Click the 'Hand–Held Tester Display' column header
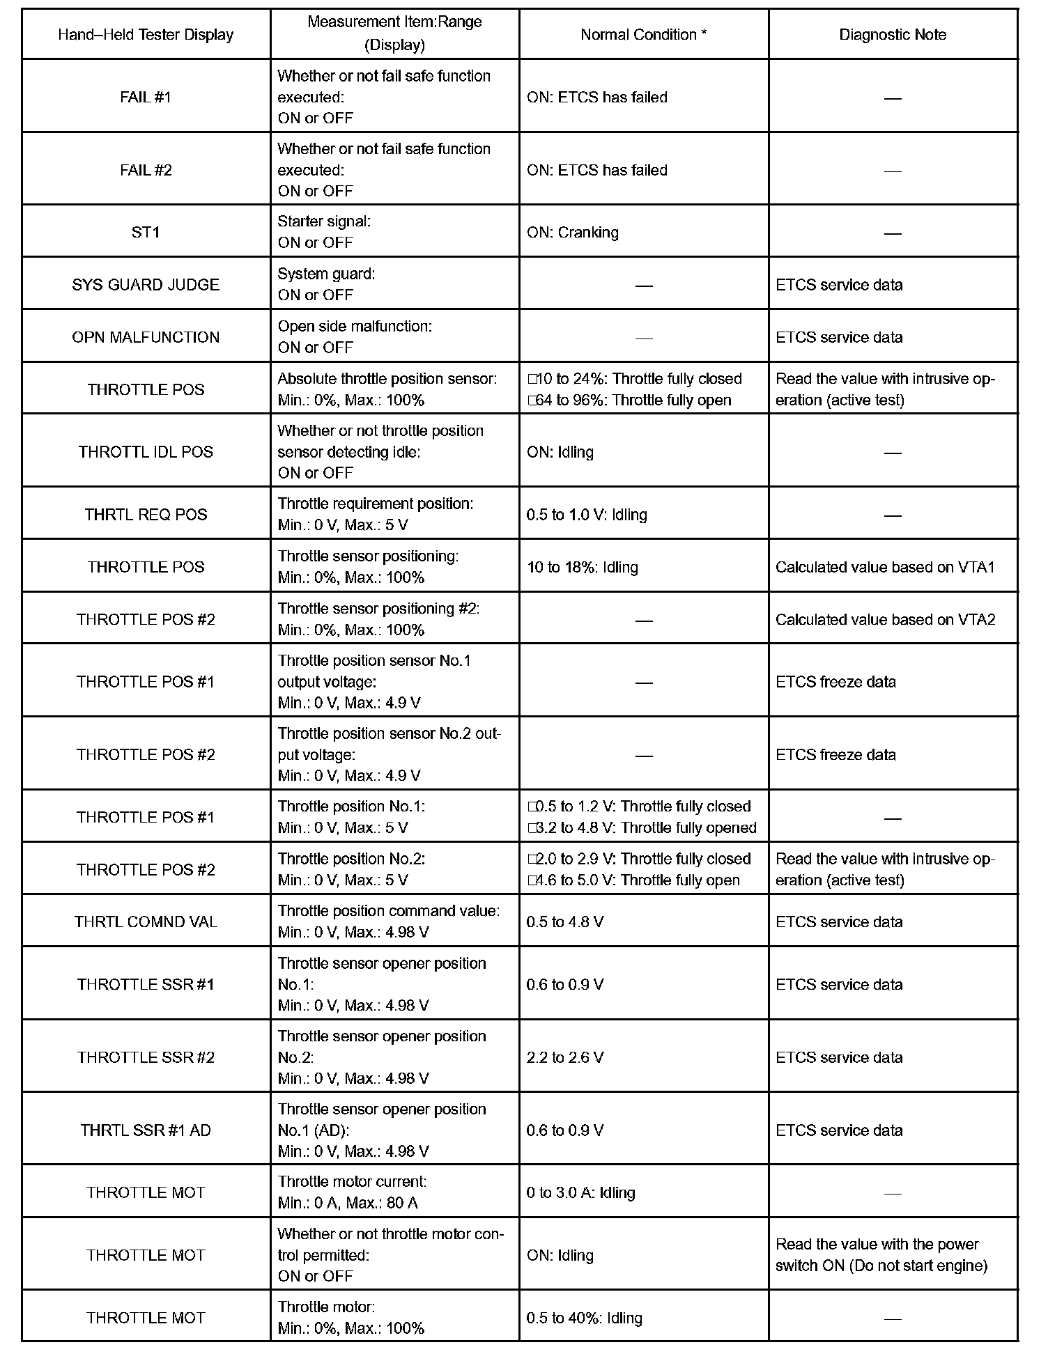coord(146,35)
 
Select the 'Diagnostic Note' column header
coord(893,35)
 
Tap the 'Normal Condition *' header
coord(643,35)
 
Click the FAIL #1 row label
coord(146,97)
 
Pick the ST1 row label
coord(146,232)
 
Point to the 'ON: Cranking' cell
coord(573,232)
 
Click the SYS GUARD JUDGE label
coord(146,284)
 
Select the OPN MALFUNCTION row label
coord(146,337)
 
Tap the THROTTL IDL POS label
coord(146,451)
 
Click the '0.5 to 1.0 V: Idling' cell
coord(587,515)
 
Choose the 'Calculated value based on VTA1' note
coord(885,567)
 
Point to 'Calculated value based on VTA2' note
coord(885,619)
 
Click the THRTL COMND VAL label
coord(146,921)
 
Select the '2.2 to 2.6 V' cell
coord(565,1057)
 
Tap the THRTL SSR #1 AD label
coord(146,1130)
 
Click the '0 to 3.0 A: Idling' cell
coord(581,1192)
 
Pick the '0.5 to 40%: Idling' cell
coord(584,1318)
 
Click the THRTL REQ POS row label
coord(146,515)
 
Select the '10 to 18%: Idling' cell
coord(582,567)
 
